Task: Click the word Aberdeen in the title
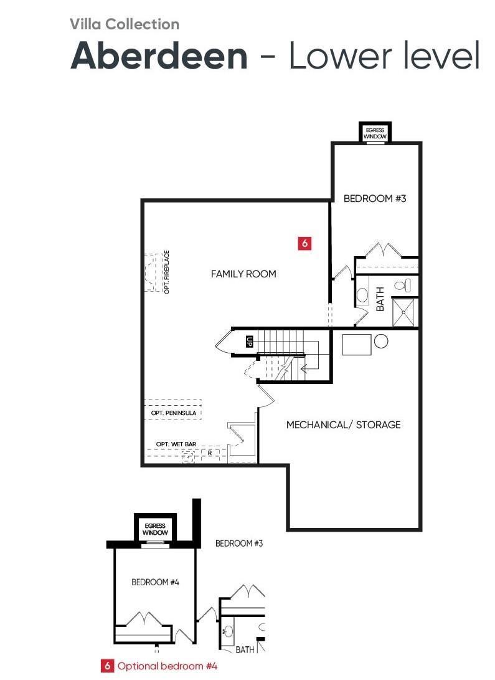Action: pos(159,55)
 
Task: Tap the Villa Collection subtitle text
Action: pos(125,24)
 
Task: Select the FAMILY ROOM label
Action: pos(243,274)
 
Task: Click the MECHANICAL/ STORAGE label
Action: pos(343,424)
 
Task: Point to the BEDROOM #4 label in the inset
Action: pos(155,582)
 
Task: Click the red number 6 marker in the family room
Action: pos(304,244)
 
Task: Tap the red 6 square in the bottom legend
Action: pos(107,666)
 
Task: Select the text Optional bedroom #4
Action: pos(167,666)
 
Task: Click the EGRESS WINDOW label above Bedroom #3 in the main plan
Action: pos(375,133)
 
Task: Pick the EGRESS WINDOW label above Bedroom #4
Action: pos(155,529)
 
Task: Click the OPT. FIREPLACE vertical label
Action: pos(167,272)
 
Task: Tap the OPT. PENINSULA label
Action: pos(174,413)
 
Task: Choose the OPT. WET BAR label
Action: pos(176,444)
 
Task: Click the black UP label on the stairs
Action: pos(250,341)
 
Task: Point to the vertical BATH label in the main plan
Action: pos(380,299)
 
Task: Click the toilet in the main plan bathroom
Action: pos(402,285)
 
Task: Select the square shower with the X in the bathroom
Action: pos(405,312)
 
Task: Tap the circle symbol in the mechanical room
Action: pos(381,341)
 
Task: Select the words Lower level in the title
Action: pos(384,55)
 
